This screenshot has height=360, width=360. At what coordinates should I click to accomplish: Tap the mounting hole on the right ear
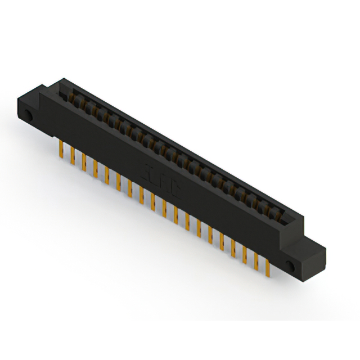point(290,264)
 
